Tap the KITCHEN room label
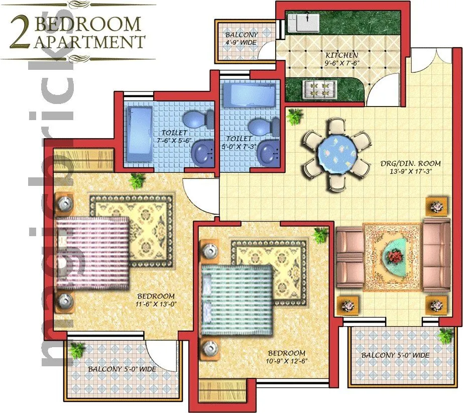click(341, 55)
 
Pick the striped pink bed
click(93, 254)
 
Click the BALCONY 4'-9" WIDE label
click(241, 39)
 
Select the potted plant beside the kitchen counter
click(295, 117)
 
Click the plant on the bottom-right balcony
click(445, 335)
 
